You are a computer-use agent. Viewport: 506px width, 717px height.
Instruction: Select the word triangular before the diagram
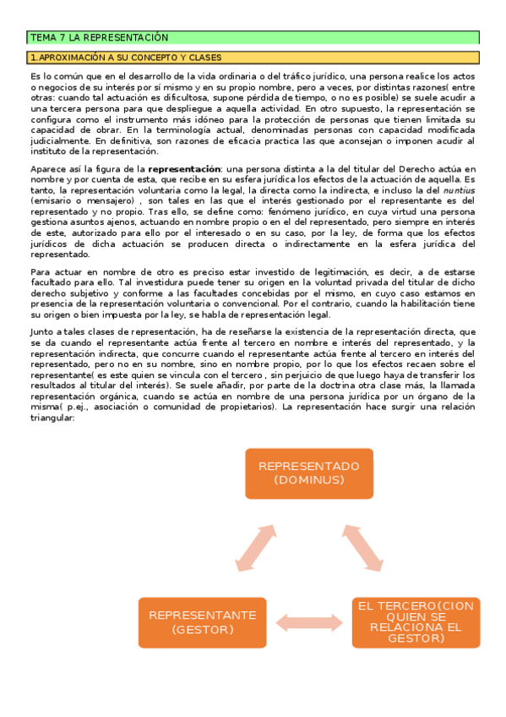(52, 418)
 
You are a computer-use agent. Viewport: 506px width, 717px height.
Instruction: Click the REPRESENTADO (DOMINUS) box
(308, 473)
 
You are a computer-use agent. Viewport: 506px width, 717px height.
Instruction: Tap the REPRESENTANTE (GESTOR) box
(202, 621)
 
